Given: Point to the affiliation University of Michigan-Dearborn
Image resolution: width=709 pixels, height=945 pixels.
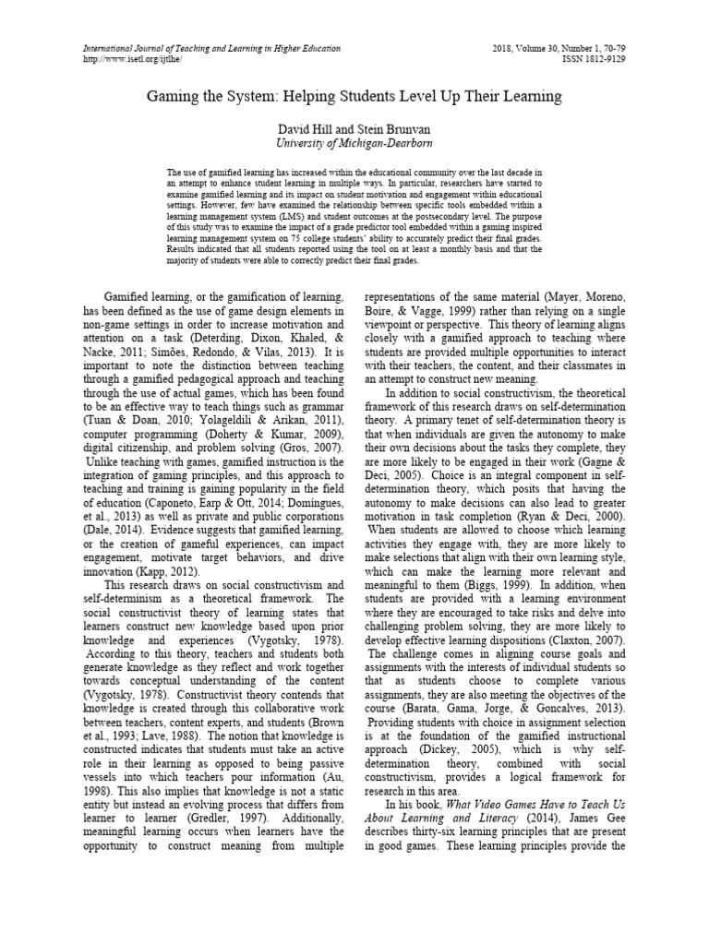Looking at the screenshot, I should [x=354, y=144].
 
